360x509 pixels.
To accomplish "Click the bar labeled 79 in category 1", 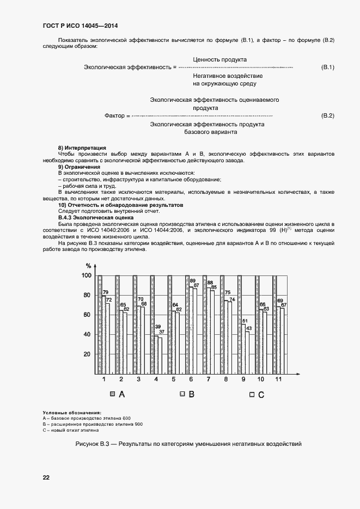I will click(x=103, y=335).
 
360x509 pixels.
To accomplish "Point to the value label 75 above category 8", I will click(x=228, y=293).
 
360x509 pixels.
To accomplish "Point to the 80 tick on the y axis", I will click(x=87, y=296).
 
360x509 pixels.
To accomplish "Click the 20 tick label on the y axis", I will click(x=87, y=354).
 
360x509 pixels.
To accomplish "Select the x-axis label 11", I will click(x=279, y=379).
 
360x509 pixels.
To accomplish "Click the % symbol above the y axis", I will click(x=88, y=265).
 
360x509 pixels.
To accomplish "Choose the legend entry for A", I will click(x=118, y=394).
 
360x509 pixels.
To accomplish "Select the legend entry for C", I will click(x=257, y=395).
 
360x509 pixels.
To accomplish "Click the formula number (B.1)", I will click(x=328, y=67).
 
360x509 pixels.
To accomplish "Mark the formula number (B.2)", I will click(x=328, y=116).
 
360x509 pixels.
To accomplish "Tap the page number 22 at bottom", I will click(x=46, y=477).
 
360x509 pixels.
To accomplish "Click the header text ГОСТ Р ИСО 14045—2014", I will click(x=80, y=26).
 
